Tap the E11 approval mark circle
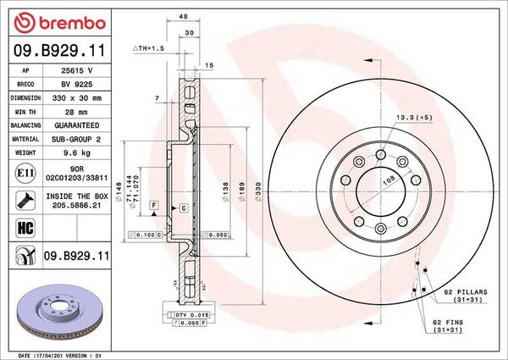[23, 174]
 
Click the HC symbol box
[23, 227]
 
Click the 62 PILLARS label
[465, 292]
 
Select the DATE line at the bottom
[59, 354]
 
